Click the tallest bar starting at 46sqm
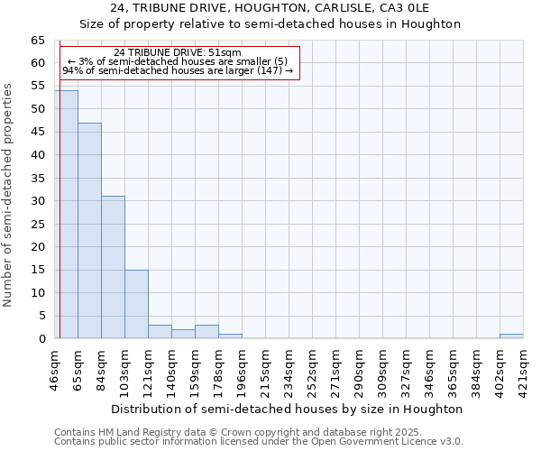coord(66,215)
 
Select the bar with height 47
coord(89,231)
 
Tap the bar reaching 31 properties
coord(113,267)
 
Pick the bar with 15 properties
coord(136,304)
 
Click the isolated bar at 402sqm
coord(511,336)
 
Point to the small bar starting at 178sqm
coord(230,336)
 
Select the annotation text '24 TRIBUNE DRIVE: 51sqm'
coord(178,52)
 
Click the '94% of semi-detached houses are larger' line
coord(178,70)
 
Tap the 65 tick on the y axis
coord(38,41)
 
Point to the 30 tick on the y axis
coord(38,201)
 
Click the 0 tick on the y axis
coord(41,339)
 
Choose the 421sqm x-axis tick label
coord(524,366)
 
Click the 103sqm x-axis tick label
coord(125,366)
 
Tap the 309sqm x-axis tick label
coord(360,366)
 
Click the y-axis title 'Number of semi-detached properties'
coord(8,195)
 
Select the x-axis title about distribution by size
coord(289,409)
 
